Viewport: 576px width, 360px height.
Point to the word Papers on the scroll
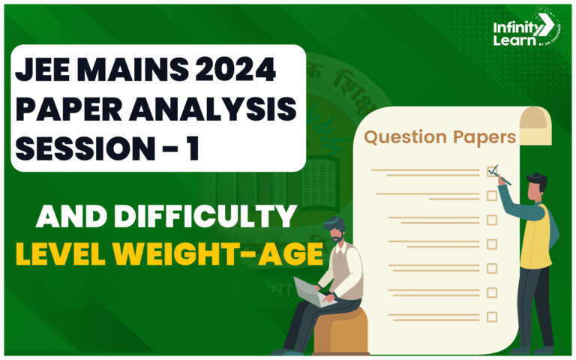pos(480,138)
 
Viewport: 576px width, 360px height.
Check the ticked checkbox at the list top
pos(492,172)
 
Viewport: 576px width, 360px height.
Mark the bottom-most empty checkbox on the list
pos(492,316)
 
